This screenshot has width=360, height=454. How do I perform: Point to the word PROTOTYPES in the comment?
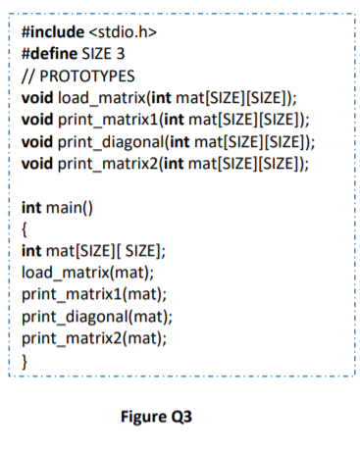click(83, 76)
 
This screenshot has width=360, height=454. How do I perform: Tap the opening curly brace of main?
click(26, 227)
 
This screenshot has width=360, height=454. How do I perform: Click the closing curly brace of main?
click(26, 357)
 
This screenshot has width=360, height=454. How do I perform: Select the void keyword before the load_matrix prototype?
click(38, 98)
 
